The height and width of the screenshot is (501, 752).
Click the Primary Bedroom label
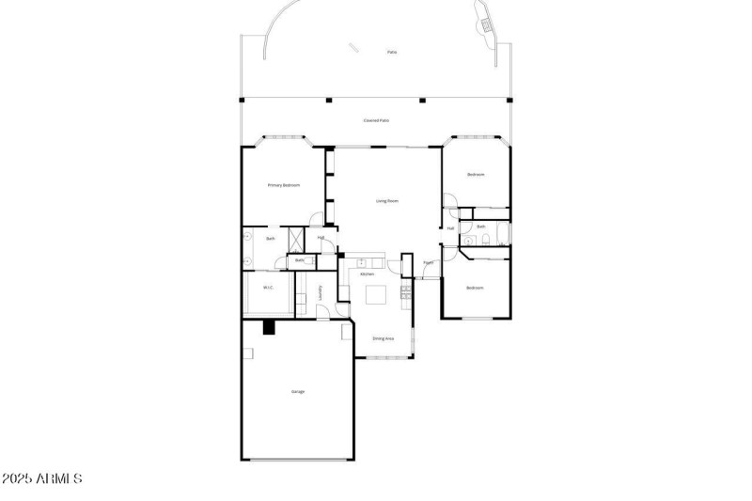click(x=283, y=185)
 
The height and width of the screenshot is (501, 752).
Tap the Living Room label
click(x=387, y=201)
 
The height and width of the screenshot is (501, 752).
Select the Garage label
click(x=297, y=391)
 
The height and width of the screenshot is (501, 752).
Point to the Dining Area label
click(x=383, y=338)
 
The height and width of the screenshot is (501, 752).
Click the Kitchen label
click(x=367, y=274)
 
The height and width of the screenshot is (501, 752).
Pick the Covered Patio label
click(x=377, y=121)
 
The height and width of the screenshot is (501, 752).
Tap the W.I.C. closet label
click(x=268, y=288)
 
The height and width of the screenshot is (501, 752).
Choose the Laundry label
click(x=321, y=293)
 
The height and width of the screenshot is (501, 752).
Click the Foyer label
click(x=428, y=264)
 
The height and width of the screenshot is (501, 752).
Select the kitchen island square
click(x=377, y=295)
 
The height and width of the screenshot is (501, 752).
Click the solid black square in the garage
click(x=268, y=327)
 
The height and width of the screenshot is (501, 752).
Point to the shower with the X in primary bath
click(x=293, y=237)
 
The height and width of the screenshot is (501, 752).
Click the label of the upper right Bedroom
click(x=476, y=175)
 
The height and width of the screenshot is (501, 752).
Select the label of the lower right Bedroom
click(x=476, y=288)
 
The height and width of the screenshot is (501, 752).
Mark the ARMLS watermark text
click(x=42, y=479)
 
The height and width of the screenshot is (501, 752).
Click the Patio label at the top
click(x=391, y=52)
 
